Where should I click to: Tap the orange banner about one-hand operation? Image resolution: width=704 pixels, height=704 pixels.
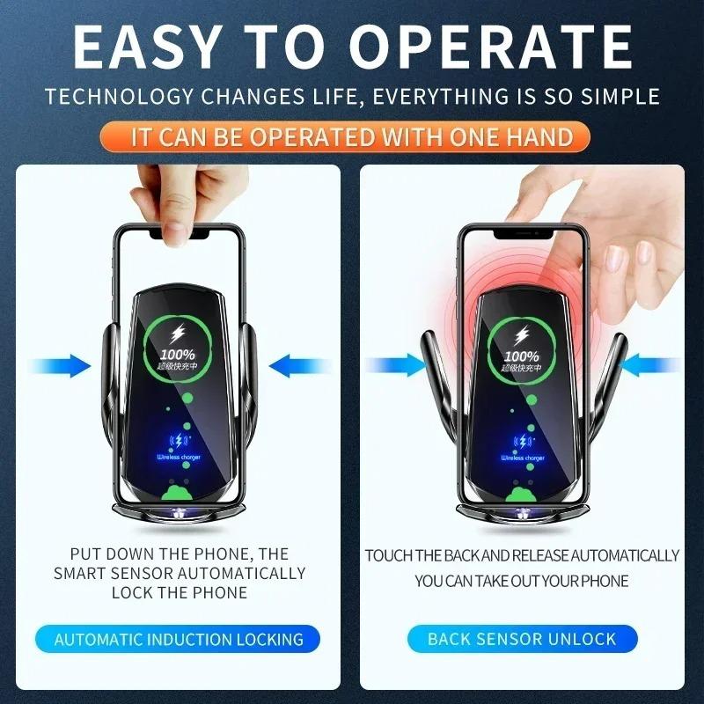352,136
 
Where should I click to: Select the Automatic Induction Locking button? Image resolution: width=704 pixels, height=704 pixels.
179,639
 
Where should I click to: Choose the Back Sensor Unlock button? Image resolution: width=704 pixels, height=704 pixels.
522,639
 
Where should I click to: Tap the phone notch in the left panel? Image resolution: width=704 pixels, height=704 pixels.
179,235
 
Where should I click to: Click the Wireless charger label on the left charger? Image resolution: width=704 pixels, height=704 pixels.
179,458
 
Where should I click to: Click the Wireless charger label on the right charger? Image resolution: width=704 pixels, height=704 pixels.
523,458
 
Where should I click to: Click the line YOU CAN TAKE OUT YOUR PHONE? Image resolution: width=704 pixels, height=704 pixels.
522,581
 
